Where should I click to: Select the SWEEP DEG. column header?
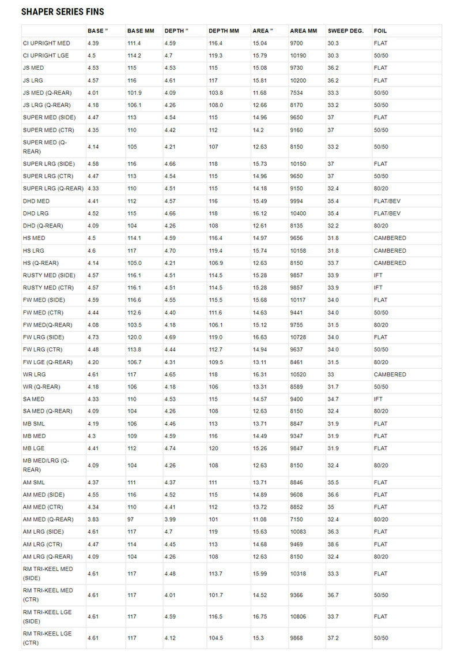coord(345,31)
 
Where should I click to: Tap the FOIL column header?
coord(380,31)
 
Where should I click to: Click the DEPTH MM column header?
coord(224,31)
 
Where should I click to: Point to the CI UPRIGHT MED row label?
coord(47,43)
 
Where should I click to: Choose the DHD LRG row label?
coord(36,214)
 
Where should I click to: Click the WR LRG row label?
coord(33,375)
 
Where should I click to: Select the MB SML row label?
coord(34,424)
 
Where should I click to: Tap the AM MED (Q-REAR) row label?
coord(48,519)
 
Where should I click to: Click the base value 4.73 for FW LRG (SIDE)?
coord(93,337)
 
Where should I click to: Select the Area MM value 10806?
coord(298,616)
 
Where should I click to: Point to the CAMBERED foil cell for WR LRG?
coord(390,375)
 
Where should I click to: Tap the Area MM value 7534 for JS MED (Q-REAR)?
coord(296,93)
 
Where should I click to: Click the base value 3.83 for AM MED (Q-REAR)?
coord(93,519)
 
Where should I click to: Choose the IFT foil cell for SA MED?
coord(378,399)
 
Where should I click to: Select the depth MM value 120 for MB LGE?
coord(213,448)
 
